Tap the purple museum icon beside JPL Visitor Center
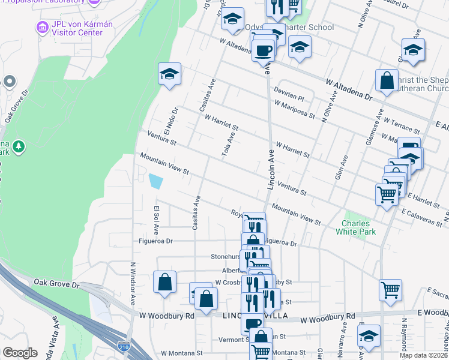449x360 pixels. pyautogui.click(x=41, y=27)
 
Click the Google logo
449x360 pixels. pyautogui.click(x=20, y=353)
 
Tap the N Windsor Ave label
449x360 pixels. pyautogui.click(x=133, y=285)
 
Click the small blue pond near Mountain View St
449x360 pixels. pyautogui.click(x=155, y=181)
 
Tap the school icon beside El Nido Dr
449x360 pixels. pyautogui.click(x=170, y=74)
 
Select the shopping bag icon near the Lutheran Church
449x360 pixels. pyautogui.click(x=387, y=81)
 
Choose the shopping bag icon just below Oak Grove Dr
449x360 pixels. pyautogui.click(x=164, y=283)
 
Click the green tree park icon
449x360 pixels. pyautogui.click(x=19, y=146)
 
